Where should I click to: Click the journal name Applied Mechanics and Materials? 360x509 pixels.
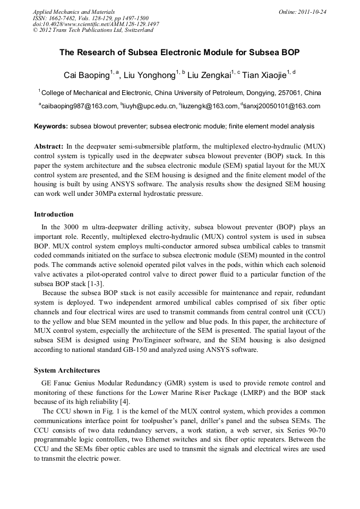coord(73,12)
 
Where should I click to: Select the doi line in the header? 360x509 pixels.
coord(96,24)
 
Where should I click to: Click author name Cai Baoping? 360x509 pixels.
coord(85,75)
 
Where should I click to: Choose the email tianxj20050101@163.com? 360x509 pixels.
coord(282,106)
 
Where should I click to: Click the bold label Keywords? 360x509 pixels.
coord(51,126)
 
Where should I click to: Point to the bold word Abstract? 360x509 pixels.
coord(49,145)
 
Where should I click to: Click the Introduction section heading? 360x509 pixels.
coord(54,214)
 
